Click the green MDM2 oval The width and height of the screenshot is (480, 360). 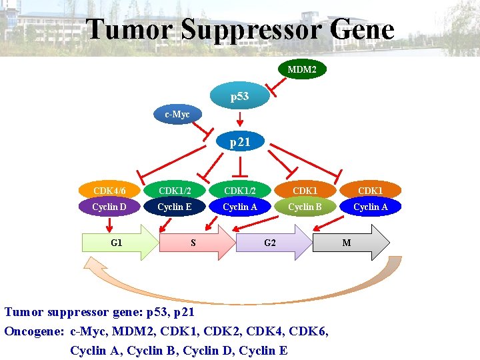click(x=302, y=69)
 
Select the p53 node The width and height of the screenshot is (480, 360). click(x=240, y=97)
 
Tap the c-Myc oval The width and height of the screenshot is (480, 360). click(x=177, y=115)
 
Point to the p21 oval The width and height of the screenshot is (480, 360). click(x=240, y=142)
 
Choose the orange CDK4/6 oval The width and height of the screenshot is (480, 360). click(x=109, y=191)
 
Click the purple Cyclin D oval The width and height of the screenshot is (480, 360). click(x=109, y=207)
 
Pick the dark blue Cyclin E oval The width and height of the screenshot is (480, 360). click(x=174, y=207)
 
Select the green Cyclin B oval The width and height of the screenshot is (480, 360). click(x=305, y=207)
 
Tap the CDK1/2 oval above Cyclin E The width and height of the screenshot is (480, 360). click(x=174, y=191)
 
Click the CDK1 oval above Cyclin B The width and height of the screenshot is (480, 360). click(x=305, y=191)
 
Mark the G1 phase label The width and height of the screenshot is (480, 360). click(x=116, y=243)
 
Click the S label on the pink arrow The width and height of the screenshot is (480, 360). click(x=193, y=243)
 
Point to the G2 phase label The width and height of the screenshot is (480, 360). click(x=269, y=243)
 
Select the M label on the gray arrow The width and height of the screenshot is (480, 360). click(x=347, y=243)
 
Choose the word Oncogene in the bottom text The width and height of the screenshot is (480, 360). click(x=33, y=331)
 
